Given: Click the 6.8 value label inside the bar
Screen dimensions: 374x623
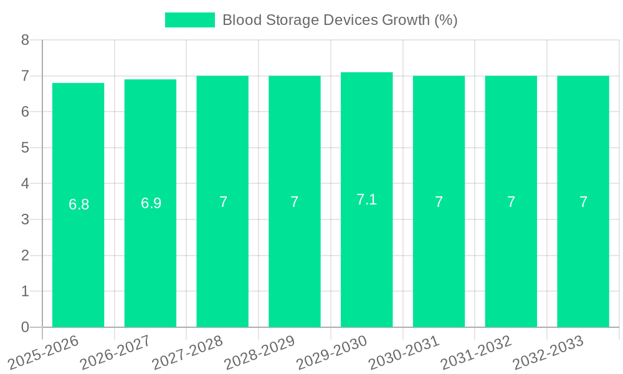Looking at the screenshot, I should point(78,204).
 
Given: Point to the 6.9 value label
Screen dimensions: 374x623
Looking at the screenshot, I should point(151,203).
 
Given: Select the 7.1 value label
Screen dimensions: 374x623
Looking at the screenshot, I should point(366,199).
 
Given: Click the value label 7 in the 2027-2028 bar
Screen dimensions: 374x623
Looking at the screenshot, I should point(223,202).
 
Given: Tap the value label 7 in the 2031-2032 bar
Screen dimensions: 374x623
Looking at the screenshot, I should point(511,202).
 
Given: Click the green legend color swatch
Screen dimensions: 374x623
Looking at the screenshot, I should point(189,20).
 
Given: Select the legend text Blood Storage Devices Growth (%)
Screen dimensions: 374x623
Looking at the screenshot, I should point(340,20).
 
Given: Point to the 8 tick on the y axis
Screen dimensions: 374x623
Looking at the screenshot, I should point(25,40).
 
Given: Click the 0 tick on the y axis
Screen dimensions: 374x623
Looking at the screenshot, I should point(25,327).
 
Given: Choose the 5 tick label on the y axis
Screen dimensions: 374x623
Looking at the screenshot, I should point(25,148).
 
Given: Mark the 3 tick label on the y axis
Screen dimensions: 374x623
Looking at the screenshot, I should point(25,219).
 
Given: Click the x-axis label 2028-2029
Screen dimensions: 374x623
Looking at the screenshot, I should point(260,352).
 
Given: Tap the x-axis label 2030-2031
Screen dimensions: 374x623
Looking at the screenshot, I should point(404,352).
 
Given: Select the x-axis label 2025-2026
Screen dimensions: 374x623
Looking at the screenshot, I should point(44,352).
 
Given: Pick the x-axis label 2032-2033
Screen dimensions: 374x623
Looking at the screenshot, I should point(548,352).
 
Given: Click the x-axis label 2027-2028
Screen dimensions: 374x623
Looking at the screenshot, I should point(188,352).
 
